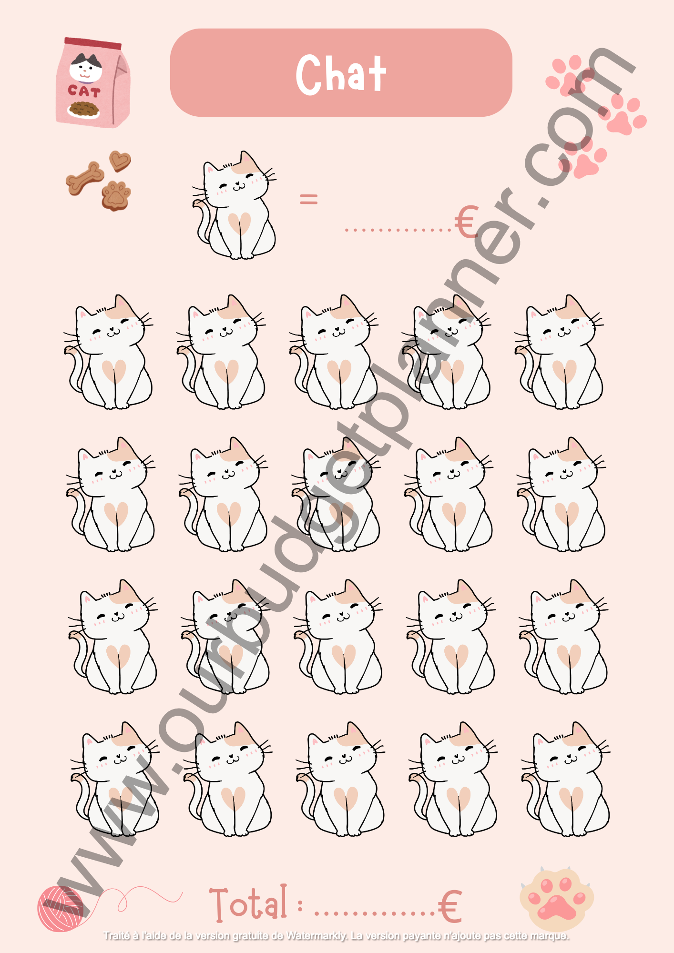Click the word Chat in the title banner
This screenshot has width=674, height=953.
pos(341,74)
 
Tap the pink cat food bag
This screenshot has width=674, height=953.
pos(93,82)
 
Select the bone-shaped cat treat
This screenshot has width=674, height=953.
pos(85,178)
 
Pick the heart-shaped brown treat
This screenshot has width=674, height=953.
pos(120,161)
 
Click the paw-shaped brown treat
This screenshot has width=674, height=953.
pos(116,195)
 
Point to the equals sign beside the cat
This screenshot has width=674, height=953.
pos(308,198)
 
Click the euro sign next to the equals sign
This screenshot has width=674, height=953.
pos(466,222)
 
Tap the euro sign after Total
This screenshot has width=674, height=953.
pos(450,906)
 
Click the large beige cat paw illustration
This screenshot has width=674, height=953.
pos(556,898)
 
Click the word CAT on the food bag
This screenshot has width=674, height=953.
pos(84,91)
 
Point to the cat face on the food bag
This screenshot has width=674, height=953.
pos(85,68)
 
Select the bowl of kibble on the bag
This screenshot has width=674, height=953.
pos(84,110)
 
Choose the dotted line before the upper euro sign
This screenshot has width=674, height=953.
pos(398,230)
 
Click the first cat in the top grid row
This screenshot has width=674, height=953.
pos(108,352)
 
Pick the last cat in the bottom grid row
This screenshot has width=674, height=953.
pos(565,779)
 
